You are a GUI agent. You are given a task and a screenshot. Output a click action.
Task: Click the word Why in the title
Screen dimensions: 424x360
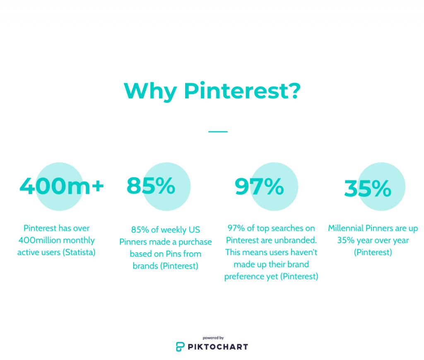click(150, 92)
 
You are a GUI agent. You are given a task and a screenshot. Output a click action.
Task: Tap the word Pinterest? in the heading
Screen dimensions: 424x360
click(242, 91)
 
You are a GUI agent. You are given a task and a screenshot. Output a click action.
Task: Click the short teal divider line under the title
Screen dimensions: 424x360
click(218, 132)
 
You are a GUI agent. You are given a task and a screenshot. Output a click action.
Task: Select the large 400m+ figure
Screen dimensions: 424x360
click(62, 186)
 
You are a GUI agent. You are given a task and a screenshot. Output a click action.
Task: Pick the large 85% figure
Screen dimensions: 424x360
click(151, 186)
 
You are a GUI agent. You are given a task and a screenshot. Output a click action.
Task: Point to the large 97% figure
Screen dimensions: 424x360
click(259, 186)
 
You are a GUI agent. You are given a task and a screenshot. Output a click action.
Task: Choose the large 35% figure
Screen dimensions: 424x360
click(368, 188)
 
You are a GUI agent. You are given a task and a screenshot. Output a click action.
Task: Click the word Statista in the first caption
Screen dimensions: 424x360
click(79, 252)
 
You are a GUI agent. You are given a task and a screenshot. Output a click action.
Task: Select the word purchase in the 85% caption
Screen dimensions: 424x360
click(195, 242)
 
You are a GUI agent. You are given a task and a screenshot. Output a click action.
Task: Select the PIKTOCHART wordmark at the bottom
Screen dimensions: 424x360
click(218, 347)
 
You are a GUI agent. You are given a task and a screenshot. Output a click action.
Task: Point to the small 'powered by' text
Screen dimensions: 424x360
click(213, 338)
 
